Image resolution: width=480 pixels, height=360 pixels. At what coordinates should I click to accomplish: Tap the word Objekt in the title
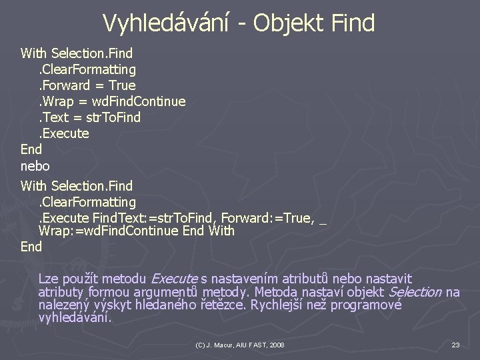291,23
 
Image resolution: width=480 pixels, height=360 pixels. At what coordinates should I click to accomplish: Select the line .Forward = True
87,85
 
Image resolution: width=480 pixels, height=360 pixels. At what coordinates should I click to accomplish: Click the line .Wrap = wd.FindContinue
112,101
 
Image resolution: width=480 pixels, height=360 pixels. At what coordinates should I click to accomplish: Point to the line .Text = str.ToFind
90,117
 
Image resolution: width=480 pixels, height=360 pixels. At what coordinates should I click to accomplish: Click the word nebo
35,165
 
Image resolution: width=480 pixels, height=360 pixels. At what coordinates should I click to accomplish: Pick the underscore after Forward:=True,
323,217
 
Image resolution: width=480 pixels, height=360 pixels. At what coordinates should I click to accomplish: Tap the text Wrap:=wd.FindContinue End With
137,231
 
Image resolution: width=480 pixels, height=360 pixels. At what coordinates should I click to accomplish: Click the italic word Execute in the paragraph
175,278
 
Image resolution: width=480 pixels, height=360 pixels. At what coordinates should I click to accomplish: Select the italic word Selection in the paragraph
415,291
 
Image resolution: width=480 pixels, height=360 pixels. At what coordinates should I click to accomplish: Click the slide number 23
456,345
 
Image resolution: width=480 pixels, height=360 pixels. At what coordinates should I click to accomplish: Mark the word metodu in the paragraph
126,278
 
